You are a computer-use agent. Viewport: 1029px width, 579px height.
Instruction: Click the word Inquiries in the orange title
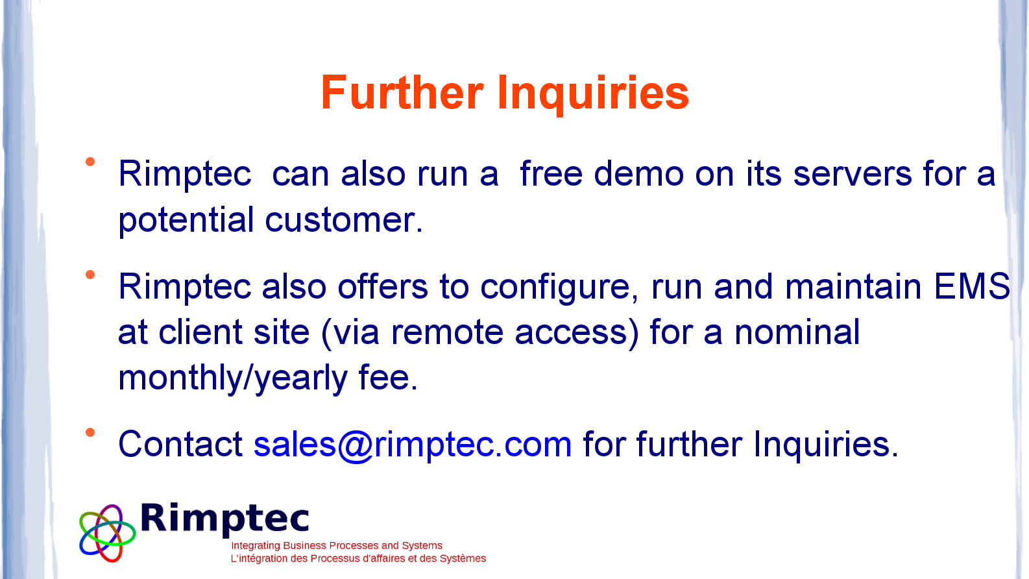click(593, 95)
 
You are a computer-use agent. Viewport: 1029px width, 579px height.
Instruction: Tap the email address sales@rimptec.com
click(413, 445)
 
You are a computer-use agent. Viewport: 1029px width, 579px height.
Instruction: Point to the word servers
click(852, 175)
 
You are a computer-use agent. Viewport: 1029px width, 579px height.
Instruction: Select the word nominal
click(797, 331)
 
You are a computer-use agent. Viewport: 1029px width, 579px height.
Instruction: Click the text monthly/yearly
click(233, 378)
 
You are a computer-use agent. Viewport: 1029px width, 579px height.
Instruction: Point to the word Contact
click(180, 444)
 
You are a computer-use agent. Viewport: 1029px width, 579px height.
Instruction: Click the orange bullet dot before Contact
click(90, 432)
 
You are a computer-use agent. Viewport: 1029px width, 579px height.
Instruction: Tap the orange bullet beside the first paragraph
click(90, 162)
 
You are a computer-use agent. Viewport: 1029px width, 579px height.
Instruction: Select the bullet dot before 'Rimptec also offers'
click(90, 275)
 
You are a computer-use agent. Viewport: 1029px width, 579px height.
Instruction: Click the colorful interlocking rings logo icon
click(107, 534)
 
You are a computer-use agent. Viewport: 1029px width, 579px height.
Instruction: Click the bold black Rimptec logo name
click(224, 519)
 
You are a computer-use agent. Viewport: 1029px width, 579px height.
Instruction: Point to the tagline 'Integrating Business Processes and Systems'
click(337, 545)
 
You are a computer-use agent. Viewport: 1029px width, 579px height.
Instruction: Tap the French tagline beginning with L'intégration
click(358, 558)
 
